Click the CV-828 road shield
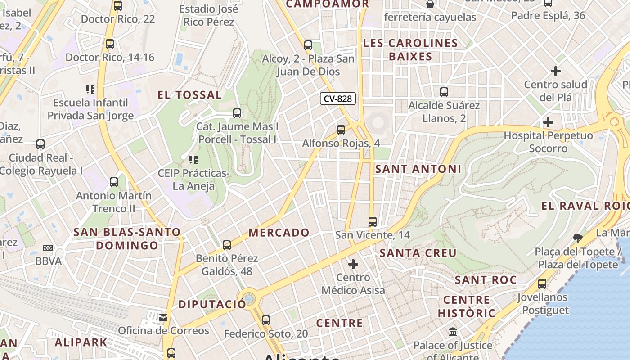coord(338,99)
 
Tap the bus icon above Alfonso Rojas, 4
coord(341,130)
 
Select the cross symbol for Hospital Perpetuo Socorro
coord(548,122)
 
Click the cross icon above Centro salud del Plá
coord(556,71)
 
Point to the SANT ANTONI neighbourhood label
coord(418,169)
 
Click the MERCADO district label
coord(279,233)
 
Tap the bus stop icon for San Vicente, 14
coord(372,221)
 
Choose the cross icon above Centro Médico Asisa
coord(353,264)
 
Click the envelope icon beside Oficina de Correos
coord(163,318)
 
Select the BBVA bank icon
coord(48,248)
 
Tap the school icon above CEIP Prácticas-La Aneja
coord(193,159)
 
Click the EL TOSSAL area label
coord(189,95)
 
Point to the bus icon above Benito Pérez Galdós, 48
coord(227,245)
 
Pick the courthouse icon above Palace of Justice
coord(453,332)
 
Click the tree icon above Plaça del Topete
coord(578,238)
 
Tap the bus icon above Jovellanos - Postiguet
coord(542,284)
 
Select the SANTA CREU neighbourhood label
coord(418,253)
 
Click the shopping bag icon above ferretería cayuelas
coord(430,4)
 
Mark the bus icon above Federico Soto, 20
coord(266,320)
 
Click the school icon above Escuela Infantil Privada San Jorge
coord(90,90)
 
